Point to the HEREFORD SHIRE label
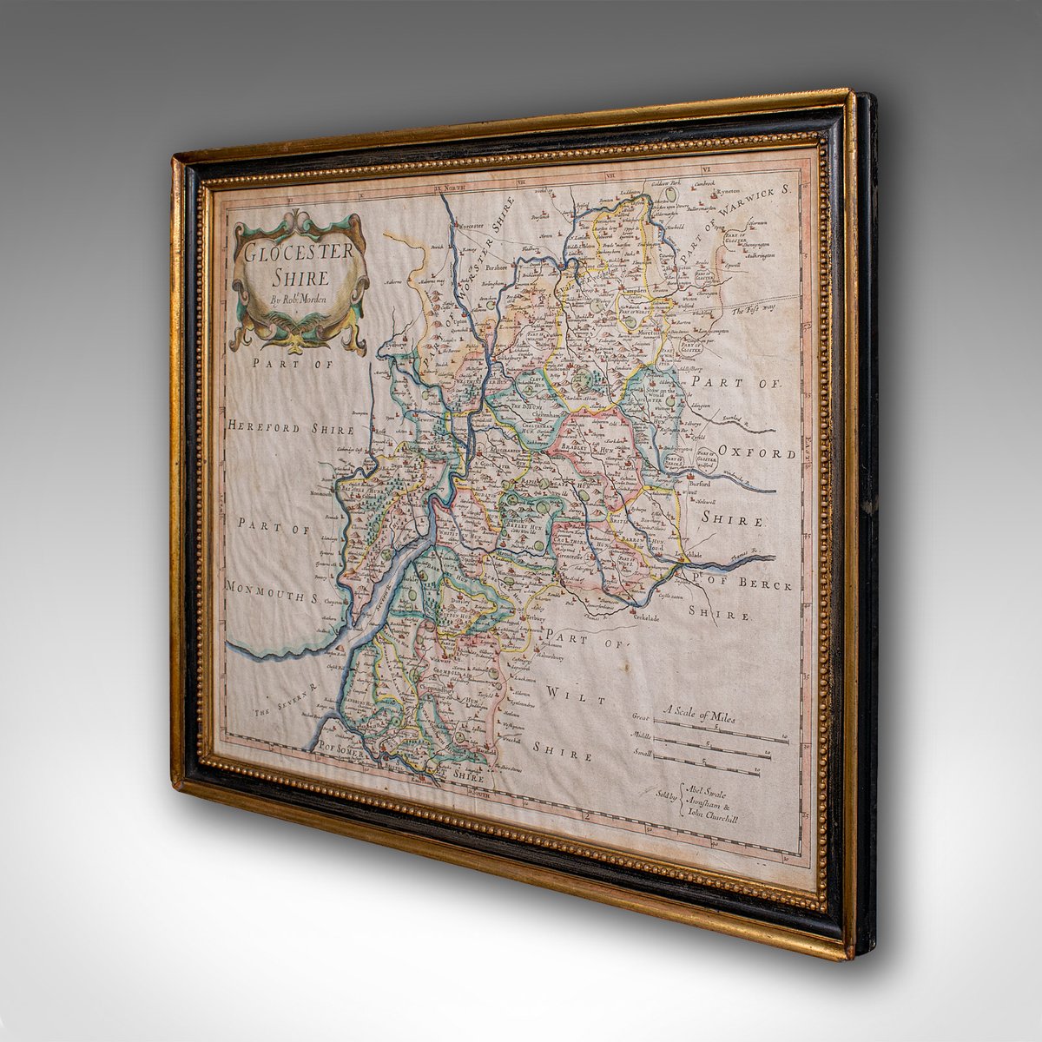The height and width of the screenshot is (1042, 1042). (x=292, y=429)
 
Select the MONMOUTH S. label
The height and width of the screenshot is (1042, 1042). (x=278, y=588)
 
